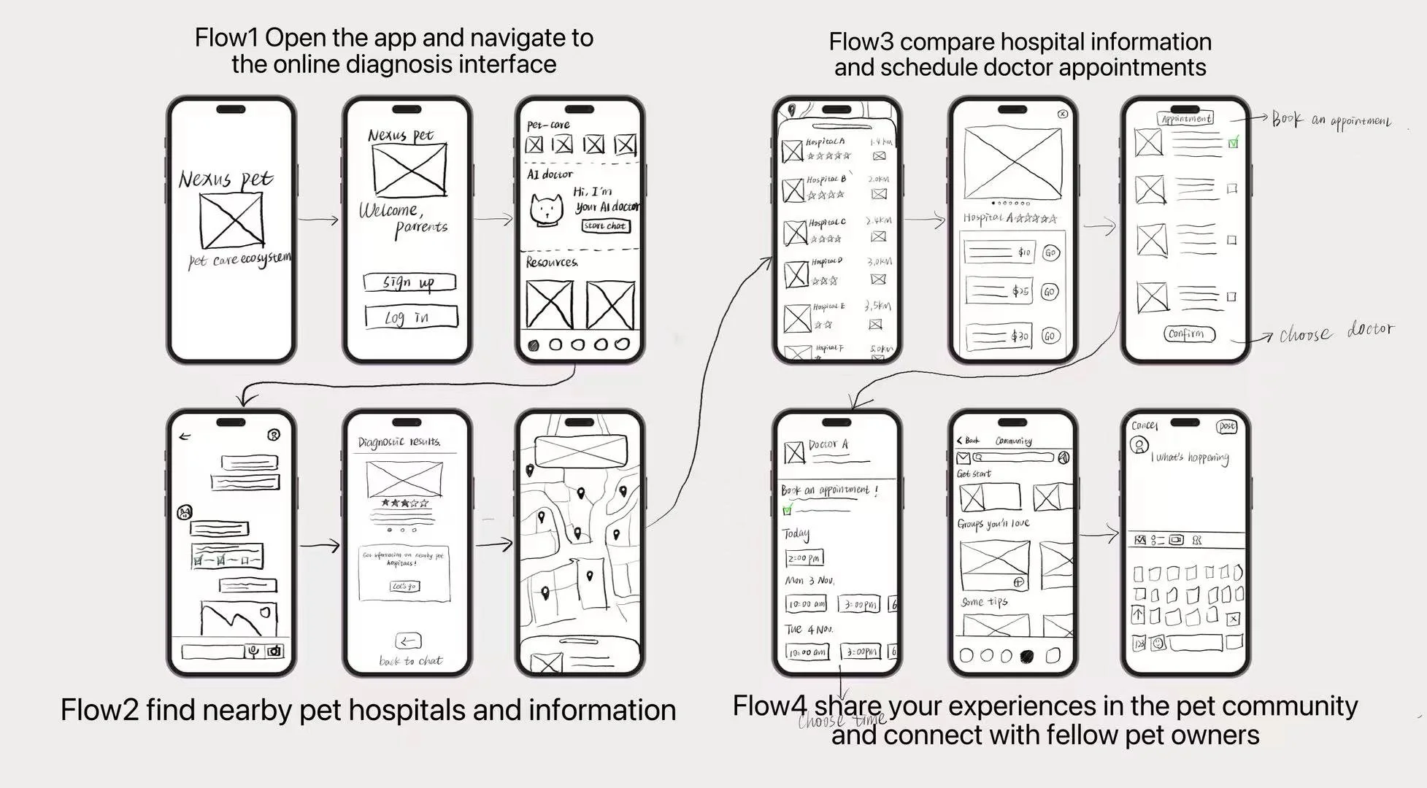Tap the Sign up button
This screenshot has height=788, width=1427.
coord(409,282)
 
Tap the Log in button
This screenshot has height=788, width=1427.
coord(411,317)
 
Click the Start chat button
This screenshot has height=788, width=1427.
coord(605,226)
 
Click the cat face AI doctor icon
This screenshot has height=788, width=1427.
coord(547,209)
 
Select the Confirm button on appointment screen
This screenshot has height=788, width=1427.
coord(1189,334)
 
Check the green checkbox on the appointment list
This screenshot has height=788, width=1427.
coord(1233,143)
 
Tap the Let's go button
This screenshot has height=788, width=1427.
coord(405,586)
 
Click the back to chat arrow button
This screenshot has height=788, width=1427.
coord(407,641)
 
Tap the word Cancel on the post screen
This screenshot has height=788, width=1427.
coord(1144,425)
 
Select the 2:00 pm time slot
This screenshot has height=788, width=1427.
coord(804,558)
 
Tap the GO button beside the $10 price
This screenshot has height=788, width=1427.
coord(1050,253)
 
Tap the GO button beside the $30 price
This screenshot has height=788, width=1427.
coord(1050,336)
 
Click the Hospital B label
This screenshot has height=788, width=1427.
coord(826,179)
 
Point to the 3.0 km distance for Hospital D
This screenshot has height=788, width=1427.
coord(879,261)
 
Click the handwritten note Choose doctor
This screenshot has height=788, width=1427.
coord(1336,332)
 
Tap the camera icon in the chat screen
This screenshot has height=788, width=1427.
coord(274,651)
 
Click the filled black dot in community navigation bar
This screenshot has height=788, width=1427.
coord(1026,656)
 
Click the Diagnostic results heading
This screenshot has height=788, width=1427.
coord(399,442)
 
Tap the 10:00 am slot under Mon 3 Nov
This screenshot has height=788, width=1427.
coord(806,604)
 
